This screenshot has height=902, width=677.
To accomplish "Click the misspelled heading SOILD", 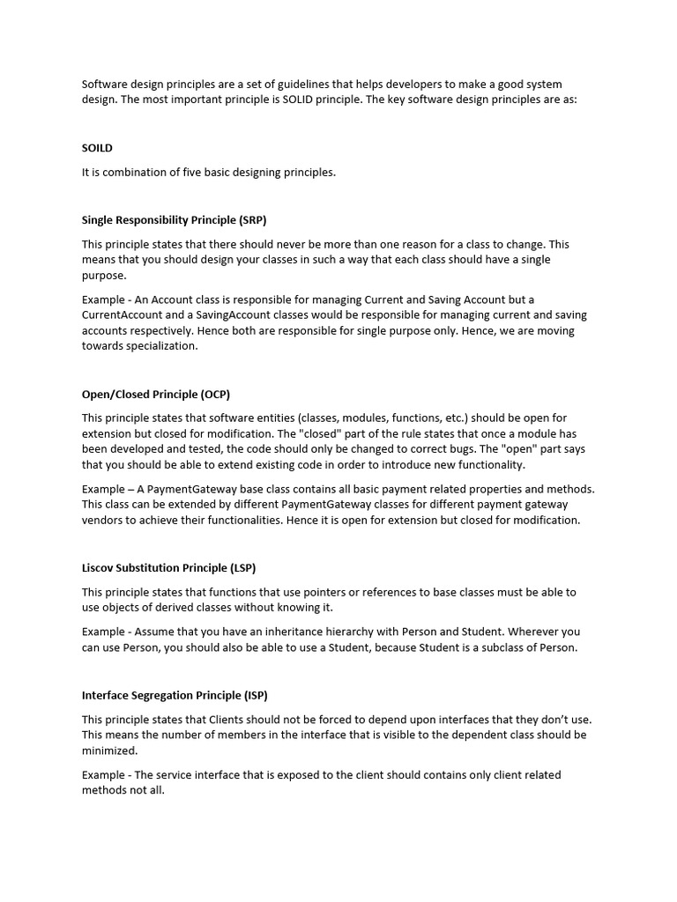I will (97, 148).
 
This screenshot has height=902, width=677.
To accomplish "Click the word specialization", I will (163, 346).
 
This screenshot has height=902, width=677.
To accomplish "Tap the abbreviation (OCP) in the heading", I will (215, 394).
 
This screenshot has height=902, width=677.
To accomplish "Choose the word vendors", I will (104, 520).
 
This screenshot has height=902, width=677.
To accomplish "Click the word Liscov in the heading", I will (100, 567).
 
